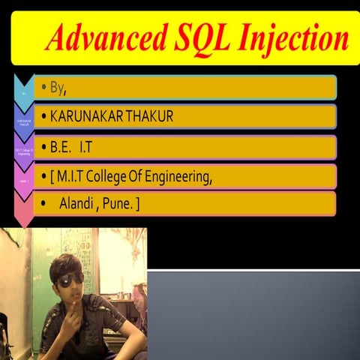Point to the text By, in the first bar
click(x=59, y=88)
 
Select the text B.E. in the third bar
click(x=61, y=147)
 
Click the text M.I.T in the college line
click(x=73, y=177)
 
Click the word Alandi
click(x=76, y=203)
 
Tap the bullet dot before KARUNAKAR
click(x=45, y=117)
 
